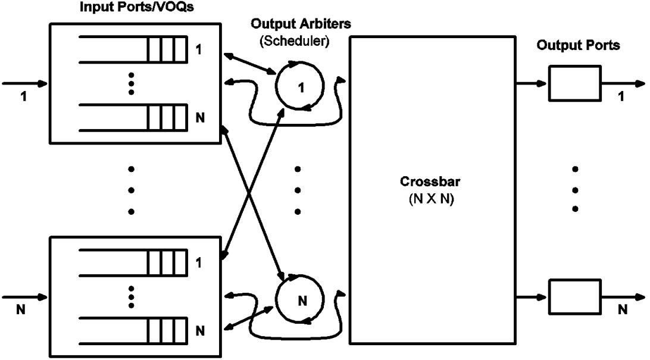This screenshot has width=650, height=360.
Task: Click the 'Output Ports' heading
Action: pos(577,45)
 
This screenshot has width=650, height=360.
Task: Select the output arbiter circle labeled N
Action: pos(300,299)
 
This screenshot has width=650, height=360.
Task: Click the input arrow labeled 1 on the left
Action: pos(24,83)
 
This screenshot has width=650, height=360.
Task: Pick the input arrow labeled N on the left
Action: pos(24,296)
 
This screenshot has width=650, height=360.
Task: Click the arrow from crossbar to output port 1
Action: pos(526,84)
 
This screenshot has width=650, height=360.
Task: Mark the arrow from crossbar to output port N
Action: pos(526,296)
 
